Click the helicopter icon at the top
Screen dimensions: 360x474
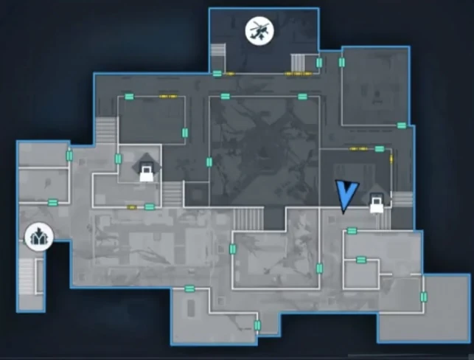tap(259, 31)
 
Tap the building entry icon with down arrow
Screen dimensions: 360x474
tap(37, 237)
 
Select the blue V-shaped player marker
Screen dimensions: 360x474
tap(345, 194)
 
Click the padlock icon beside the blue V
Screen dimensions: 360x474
tap(377, 202)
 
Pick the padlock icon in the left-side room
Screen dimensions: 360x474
tap(147, 172)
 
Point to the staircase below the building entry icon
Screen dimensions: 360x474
tap(27, 276)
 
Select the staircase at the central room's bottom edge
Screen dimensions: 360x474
tap(248, 218)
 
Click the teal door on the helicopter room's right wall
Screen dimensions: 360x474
tap(319, 63)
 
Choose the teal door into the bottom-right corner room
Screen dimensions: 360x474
tap(424, 297)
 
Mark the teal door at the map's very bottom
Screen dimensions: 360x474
tap(257, 325)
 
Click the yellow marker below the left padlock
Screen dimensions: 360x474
tap(132, 207)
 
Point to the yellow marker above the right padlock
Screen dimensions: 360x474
tap(358, 148)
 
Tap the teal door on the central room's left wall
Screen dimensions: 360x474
tap(209, 162)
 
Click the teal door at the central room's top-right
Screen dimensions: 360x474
tap(302, 97)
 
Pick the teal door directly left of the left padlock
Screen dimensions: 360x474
tap(118, 159)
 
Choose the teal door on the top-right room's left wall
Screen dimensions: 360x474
tap(342, 63)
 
